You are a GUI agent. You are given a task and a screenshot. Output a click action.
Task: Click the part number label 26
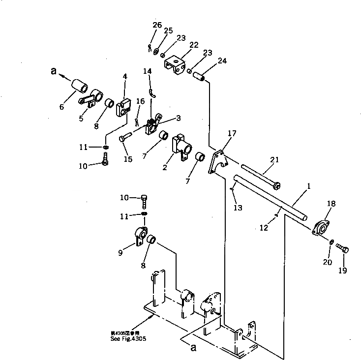tap(157, 25)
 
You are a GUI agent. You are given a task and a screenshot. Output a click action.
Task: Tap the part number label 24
tap(222, 61)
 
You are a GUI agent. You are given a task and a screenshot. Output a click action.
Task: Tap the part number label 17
tap(232, 133)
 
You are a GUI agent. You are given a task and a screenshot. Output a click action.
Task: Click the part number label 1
tap(309, 186)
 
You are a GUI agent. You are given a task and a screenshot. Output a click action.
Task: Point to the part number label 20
tap(328, 262)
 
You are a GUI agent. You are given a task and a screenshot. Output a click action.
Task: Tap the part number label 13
tap(238, 208)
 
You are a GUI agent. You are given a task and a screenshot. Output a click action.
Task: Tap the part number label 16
tap(140, 101)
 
